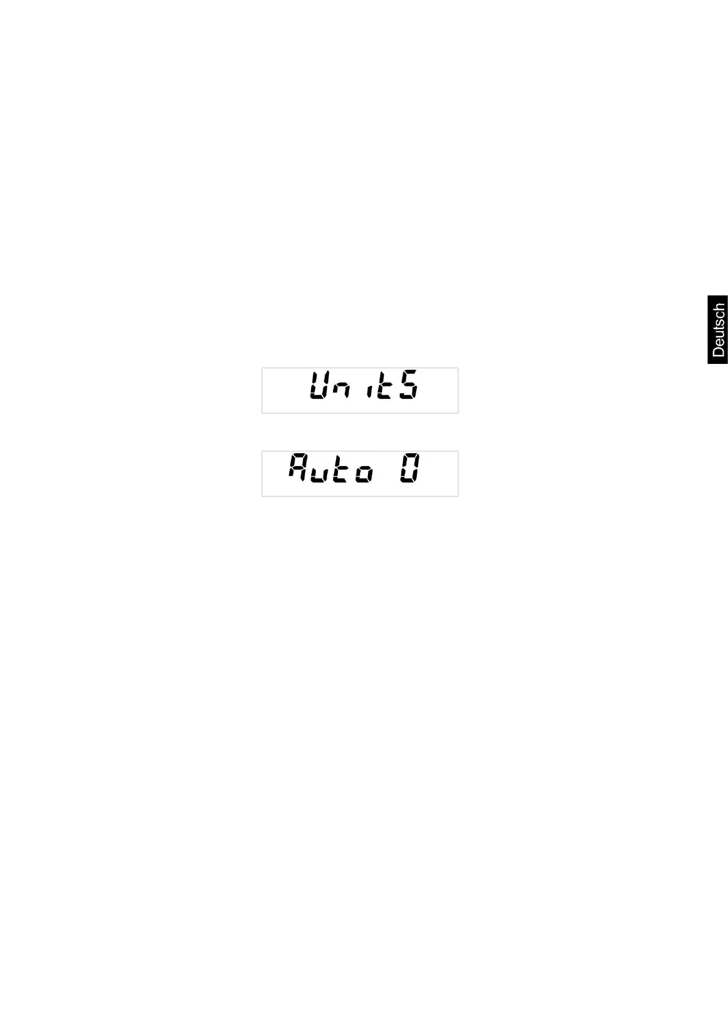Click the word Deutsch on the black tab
tap(718, 330)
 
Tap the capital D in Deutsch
tap(718, 351)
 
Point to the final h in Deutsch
tap(718, 308)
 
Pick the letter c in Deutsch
tap(719, 314)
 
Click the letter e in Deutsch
tap(719, 343)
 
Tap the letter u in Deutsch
tap(719, 335)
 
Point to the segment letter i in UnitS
tap(368, 392)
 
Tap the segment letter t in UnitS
tap(383, 387)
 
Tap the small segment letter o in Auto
tap(364, 474)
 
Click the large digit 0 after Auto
tap(410, 469)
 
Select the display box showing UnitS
tap(359, 390)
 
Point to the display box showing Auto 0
tap(359, 473)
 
